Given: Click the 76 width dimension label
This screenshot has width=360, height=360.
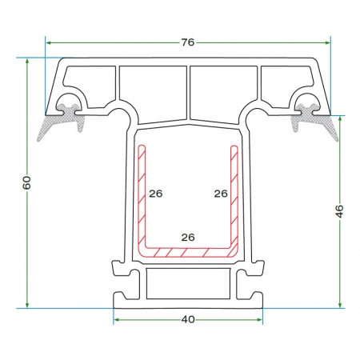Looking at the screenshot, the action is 188,42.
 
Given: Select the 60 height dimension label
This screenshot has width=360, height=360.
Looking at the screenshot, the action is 26,182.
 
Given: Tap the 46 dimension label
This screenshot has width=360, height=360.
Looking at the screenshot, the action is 339,211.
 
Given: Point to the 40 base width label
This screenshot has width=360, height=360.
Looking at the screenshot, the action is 188,319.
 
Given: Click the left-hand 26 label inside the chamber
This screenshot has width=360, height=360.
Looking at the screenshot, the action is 156,194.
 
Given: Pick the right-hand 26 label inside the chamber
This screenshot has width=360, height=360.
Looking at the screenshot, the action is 221,194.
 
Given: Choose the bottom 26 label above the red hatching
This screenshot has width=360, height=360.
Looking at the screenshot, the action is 188,237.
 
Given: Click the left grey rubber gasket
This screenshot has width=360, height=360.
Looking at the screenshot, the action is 62,120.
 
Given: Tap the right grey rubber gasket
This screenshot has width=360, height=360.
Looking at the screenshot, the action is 314,120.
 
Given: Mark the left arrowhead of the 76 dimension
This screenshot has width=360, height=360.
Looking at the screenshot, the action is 48,42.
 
